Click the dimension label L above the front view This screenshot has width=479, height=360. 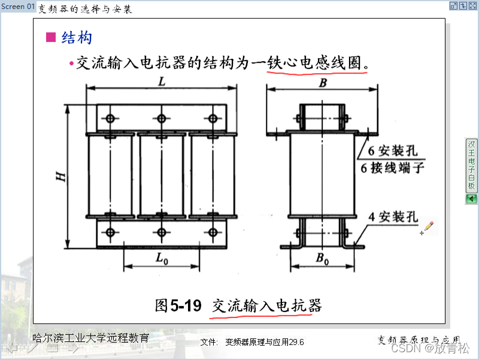pos(162,83)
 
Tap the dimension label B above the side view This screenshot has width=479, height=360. pos(323,83)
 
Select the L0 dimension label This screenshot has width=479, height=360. pos(160,259)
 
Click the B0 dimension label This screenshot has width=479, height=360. pos(322,259)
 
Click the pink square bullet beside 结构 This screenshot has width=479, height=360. pos(51,38)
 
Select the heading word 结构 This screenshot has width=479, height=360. pos(77,38)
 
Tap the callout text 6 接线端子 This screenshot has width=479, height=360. pos(393,168)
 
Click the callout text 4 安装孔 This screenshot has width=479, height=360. pos(393,217)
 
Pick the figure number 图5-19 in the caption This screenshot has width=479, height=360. pos(178,305)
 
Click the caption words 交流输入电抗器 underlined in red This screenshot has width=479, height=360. pos(266,305)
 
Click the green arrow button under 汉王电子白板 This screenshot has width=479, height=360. pos(471,199)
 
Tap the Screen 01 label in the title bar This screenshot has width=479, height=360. pos(18,7)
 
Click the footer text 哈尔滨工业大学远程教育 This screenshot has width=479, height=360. pos(90,338)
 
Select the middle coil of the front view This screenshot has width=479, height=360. pos(161,175)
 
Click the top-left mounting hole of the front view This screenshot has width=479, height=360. pos(110,118)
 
